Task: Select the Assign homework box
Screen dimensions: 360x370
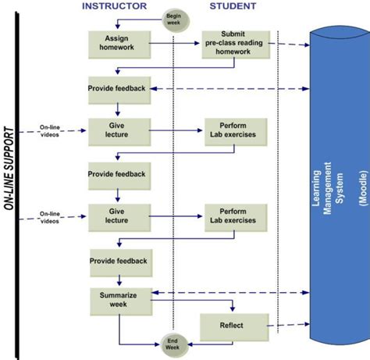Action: pos(117,44)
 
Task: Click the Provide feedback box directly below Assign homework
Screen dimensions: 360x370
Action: pos(117,89)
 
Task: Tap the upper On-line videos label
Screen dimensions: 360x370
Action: pos(50,130)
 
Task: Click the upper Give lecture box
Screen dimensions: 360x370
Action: pos(117,130)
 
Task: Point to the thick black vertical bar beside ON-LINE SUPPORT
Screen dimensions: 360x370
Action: pos(25,180)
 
